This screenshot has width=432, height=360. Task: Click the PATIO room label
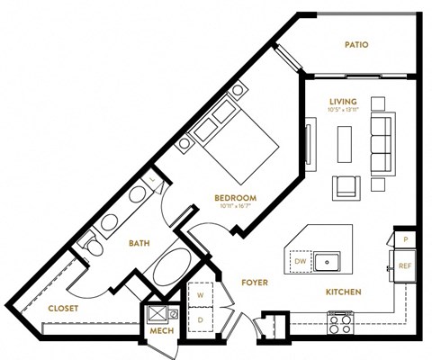pyautogui.click(x=357, y=44)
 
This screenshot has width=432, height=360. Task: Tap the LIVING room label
pyautogui.click(x=343, y=101)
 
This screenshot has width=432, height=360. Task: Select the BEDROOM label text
pyautogui.click(x=236, y=198)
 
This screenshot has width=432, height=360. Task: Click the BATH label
pyautogui.click(x=138, y=243)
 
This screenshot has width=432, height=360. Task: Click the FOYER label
pyautogui.click(x=256, y=283)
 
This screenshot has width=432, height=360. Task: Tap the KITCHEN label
pyautogui.click(x=343, y=292)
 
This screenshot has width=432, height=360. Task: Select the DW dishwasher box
pyautogui.click(x=300, y=261)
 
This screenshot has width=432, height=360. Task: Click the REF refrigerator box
pyautogui.click(x=405, y=265)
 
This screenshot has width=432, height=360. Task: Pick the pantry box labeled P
pyautogui.click(x=405, y=239)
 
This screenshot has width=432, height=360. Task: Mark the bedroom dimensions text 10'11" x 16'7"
pyautogui.click(x=236, y=207)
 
